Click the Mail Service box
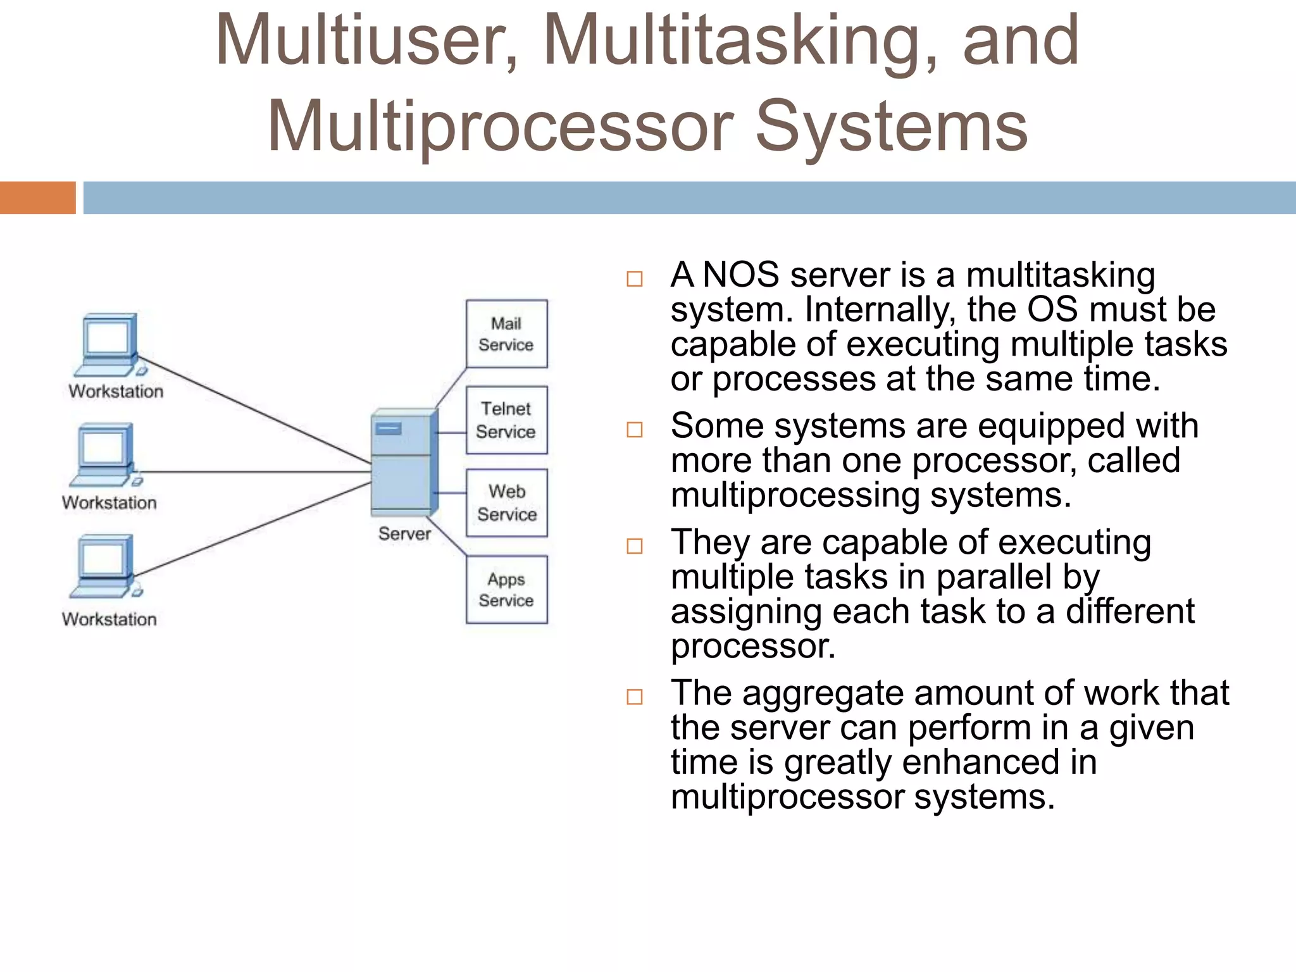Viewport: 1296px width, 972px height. [506, 333]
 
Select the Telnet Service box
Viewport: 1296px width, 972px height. [506, 420]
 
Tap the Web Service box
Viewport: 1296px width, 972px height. [506, 503]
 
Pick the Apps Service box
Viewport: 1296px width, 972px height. [506, 589]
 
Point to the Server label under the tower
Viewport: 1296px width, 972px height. [404, 533]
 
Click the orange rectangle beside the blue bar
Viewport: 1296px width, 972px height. [37, 197]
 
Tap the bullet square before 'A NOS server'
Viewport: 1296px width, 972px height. [634, 279]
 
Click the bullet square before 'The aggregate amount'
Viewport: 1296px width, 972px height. [634, 697]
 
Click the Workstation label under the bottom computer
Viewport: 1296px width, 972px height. [109, 619]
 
